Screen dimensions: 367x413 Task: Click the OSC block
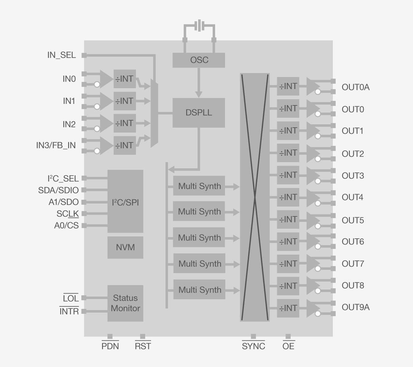click(x=199, y=60)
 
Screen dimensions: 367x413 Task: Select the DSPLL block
click(x=199, y=113)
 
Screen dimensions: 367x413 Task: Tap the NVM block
click(x=125, y=247)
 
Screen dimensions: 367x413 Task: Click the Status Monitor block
click(x=125, y=303)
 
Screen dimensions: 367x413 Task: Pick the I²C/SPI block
click(x=125, y=202)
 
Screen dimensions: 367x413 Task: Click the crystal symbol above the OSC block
click(x=199, y=26)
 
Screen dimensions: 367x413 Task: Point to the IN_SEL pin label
click(x=61, y=55)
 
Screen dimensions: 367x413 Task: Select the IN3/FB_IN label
click(x=56, y=146)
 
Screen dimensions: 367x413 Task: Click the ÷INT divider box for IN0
click(x=125, y=79)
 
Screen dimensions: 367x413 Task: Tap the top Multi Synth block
click(x=199, y=186)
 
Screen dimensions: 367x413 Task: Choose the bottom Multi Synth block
click(x=199, y=289)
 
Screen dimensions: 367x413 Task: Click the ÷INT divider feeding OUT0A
click(x=288, y=86)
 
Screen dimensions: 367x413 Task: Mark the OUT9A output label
click(x=355, y=307)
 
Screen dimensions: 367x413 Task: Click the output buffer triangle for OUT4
click(x=312, y=197)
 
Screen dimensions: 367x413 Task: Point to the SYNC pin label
click(x=253, y=346)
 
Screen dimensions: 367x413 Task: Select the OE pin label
click(x=288, y=346)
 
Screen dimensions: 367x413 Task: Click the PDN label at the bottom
click(x=110, y=346)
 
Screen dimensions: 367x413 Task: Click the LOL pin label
click(x=71, y=299)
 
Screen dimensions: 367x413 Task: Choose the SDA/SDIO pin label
click(x=58, y=190)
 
